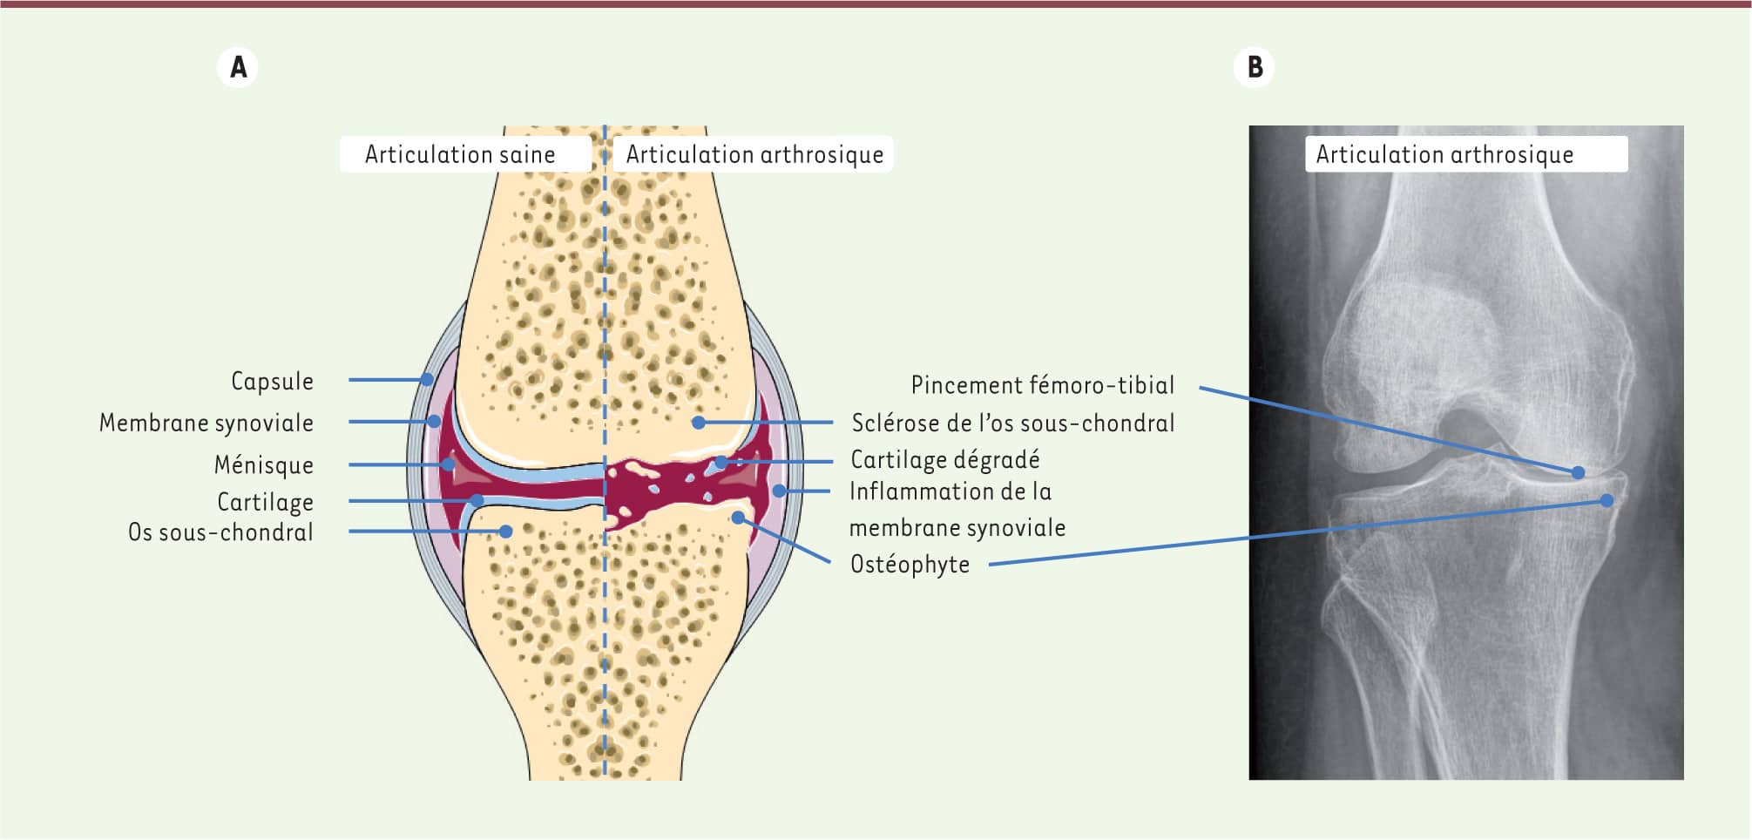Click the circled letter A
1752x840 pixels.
click(238, 67)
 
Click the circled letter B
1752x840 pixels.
click(1255, 67)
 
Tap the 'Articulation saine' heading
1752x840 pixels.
click(460, 154)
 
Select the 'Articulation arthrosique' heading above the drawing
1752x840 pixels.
click(754, 154)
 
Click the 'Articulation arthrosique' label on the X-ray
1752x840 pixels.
click(1444, 154)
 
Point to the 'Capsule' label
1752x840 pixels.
click(272, 381)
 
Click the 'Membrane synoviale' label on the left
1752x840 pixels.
click(206, 423)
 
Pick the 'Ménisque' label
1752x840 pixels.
click(264, 464)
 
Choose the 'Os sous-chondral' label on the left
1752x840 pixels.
click(220, 532)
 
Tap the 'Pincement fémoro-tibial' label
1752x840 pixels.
click(1043, 384)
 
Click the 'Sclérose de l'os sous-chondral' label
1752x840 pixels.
click(1013, 423)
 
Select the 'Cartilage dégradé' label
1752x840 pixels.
click(945, 459)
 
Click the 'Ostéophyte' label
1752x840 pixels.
click(910, 564)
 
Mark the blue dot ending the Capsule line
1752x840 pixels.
click(427, 379)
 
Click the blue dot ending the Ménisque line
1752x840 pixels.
click(448, 464)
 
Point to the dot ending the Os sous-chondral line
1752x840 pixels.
click(505, 531)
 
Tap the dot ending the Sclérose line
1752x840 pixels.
click(699, 423)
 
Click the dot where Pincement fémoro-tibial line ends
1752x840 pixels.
click(1578, 472)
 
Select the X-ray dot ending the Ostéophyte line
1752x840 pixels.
click(1607, 500)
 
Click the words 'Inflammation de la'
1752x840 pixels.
click(950, 491)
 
